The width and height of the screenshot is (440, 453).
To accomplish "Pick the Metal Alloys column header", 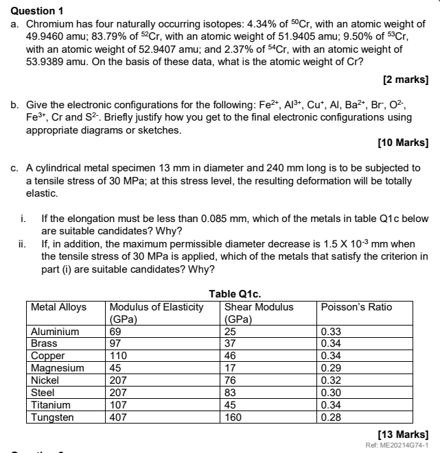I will click(60, 307).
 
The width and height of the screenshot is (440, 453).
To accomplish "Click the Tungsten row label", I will click(53, 416).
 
